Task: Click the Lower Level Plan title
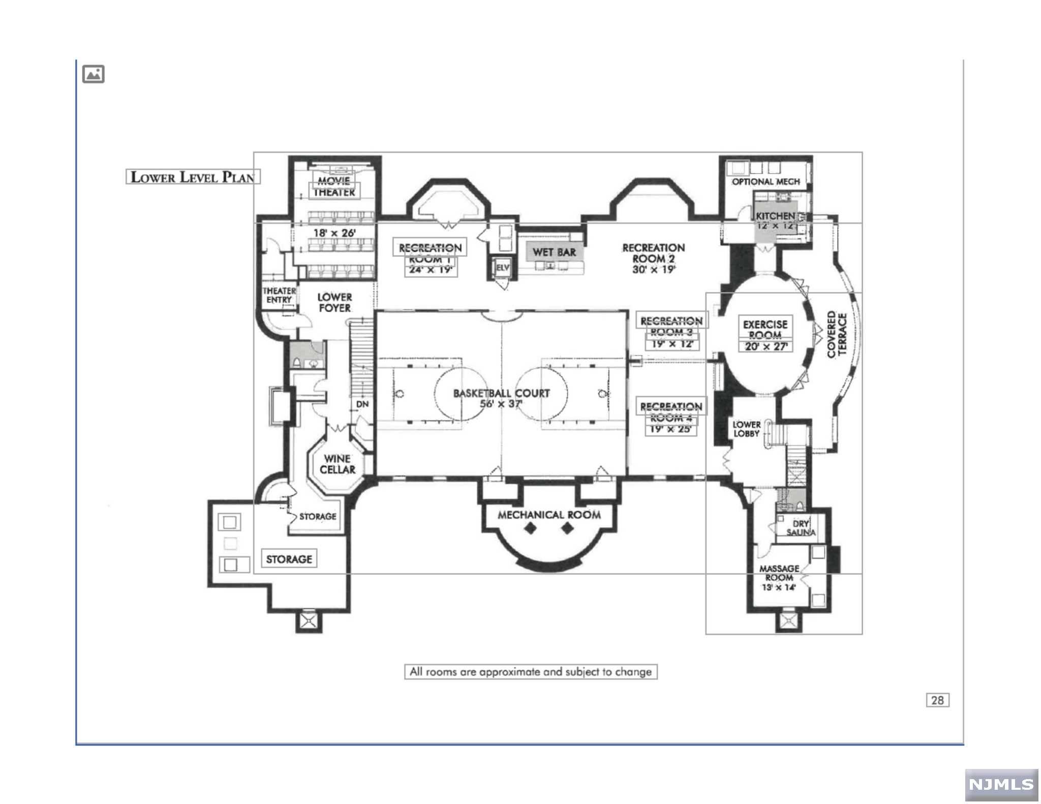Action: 193,177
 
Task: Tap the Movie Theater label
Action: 334,186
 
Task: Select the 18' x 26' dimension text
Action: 334,233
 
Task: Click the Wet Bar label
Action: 554,252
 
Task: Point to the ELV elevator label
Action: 502,267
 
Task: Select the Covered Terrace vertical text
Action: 837,335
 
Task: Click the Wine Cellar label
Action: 337,464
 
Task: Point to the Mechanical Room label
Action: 549,515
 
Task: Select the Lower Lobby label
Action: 746,429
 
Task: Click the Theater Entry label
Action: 279,295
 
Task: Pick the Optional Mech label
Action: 766,181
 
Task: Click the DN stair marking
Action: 362,404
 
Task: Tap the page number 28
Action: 937,700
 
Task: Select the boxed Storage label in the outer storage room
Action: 289,559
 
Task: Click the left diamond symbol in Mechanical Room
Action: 531,529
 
